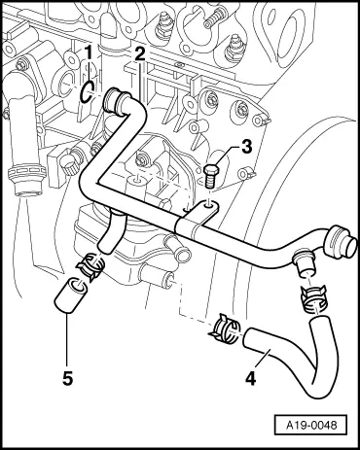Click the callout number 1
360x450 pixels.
click(89, 51)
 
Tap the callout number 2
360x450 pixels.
click(140, 54)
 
